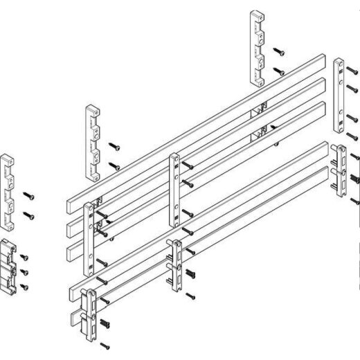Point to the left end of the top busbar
coord(71,205)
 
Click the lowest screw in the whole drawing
coord(105,345)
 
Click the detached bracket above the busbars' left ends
coord(92,133)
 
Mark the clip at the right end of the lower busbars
coord(339,171)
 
